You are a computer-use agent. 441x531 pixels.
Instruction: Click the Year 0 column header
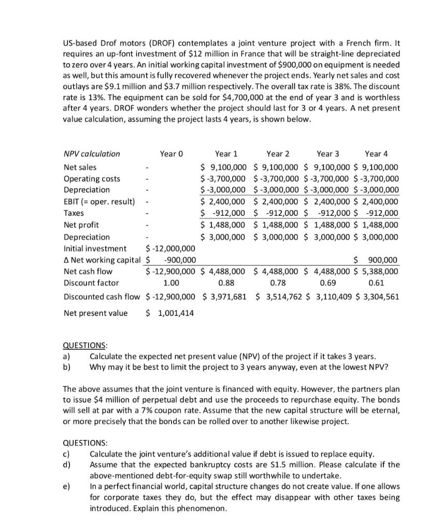[x=172, y=153]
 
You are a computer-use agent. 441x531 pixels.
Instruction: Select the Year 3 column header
[x=328, y=153]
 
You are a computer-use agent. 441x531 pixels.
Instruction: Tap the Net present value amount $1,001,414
[x=169, y=313]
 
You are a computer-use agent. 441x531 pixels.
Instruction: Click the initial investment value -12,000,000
[x=171, y=248]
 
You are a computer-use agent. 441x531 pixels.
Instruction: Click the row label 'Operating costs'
[x=92, y=179]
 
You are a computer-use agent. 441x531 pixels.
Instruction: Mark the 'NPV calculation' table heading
[x=91, y=153]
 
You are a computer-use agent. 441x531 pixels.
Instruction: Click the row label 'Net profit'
[x=81, y=225]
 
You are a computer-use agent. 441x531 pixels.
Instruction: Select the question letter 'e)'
[x=66, y=486]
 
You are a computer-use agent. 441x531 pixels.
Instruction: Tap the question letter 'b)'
[x=66, y=367]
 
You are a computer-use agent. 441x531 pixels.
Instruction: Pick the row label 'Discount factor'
[x=91, y=283]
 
